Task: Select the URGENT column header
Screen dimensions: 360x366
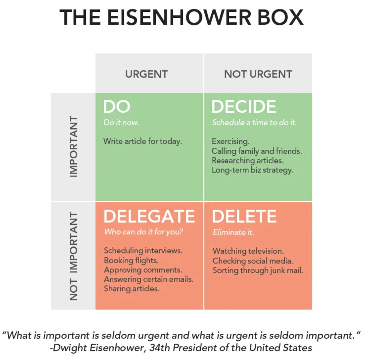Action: pyautogui.click(x=146, y=74)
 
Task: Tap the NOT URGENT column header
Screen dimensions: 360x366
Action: pyautogui.click(x=258, y=74)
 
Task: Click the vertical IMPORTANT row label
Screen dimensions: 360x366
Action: pyautogui.click(x=74, y=146)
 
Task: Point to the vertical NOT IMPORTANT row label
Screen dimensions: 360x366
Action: pyautogui.click(x=74, y=256)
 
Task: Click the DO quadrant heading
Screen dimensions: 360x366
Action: pyautogui.click(x=117, y=107)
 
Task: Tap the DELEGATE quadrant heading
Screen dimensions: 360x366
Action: pyautogui.click(x=149, y=216)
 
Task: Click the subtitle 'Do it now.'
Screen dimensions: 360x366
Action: pyautogui.click(x=121, y=122)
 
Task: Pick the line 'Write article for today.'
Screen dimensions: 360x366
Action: pyautogui.click(x=142, y=141)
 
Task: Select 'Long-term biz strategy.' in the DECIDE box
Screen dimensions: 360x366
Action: pyautogui.click(x=253, y=170)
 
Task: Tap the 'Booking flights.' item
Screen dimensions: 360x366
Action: pyautogui.click(x=131, y=260)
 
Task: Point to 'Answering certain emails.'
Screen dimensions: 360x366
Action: pyautogui.click(x=148, y=279)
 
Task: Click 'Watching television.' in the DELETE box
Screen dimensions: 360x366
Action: pyautogui.click(x=248, y=251)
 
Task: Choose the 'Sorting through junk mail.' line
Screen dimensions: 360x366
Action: pyautogui.click(x=258, y=270)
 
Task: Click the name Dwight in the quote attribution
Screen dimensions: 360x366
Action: pyautogui.click(x=72, y=348)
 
